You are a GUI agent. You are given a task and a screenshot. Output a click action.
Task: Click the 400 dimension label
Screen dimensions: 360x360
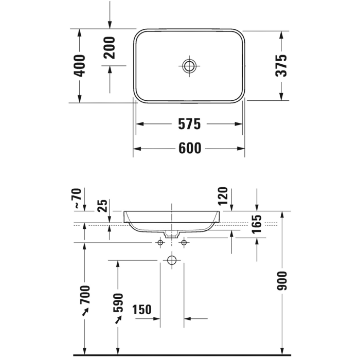click(x=80, y=65)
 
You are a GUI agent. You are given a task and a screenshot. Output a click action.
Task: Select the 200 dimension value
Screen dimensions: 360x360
click(x=110, y=47)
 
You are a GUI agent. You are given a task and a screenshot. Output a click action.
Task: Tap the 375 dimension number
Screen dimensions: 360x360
click(x=281, y=65)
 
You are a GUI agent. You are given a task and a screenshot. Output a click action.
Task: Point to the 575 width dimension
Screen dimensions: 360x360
click(x=189, y=124)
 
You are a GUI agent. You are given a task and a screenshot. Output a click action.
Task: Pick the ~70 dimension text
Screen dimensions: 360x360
click(x=78, y=199)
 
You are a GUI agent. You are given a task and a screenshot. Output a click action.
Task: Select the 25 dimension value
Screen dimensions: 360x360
click(x=103, y=206)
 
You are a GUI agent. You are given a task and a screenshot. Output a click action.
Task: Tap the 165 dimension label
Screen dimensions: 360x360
click(x=257, y=225)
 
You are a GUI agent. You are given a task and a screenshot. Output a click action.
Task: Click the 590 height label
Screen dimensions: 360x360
click(x=118, y=303)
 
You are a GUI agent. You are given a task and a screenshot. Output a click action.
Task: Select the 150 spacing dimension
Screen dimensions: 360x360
click(x=141, y=310)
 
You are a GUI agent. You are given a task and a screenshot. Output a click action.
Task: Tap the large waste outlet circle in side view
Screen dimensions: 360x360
click(x=171, y=261)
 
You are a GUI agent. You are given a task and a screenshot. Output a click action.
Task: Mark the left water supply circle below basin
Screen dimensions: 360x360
click(x=159, y=242)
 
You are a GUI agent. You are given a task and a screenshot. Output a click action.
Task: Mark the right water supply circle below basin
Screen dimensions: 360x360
click(x=183, y=242)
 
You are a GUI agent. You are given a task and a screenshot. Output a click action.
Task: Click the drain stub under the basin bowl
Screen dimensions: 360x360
click(x=171, y=234)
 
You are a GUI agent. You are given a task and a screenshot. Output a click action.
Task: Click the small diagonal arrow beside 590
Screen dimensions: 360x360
click(x=118, y=320)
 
